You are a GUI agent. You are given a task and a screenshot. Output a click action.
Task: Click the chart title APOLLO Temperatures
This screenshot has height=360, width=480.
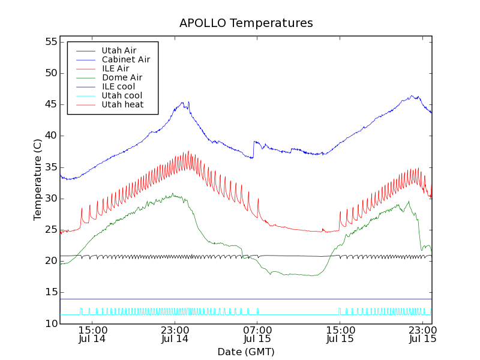click(246, 23)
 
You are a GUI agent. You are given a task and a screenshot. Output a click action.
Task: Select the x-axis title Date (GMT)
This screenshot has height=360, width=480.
click(246, 352)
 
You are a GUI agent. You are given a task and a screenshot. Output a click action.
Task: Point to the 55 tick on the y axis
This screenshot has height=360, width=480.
click(50, 42)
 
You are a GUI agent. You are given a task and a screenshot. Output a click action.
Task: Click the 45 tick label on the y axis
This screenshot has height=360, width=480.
click(50, 104)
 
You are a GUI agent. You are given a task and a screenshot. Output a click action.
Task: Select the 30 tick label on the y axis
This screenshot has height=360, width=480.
click(50, 199)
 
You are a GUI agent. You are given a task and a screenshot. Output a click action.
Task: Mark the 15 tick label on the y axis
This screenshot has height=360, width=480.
click(50, 292)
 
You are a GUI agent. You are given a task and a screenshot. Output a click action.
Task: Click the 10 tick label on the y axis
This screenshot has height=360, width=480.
click(50, 323)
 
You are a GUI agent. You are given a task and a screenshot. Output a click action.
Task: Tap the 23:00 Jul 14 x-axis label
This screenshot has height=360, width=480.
click(175, 334)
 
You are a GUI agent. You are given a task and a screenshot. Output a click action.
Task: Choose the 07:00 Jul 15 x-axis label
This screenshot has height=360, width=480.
click(257, 334)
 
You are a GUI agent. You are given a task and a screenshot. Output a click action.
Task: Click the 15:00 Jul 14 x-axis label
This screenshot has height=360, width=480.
click(92, 334)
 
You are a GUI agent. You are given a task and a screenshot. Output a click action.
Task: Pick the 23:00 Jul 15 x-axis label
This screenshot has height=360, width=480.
click(422, 334)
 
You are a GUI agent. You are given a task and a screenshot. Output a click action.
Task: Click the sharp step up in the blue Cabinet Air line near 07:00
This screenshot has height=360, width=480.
click(254, 149)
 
